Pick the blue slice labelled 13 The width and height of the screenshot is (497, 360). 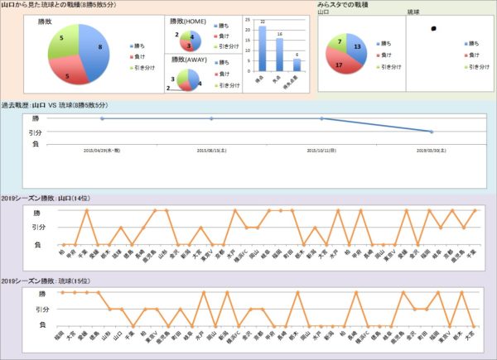click(355, 48)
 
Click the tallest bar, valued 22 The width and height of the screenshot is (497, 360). click(263, 49)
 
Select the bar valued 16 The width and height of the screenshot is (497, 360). click(280, 55)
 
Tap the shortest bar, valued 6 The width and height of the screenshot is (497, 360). click(297, 65)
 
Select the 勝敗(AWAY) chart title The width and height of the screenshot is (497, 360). click(189, 59)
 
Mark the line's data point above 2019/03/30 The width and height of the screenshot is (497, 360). click(431, 132)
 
